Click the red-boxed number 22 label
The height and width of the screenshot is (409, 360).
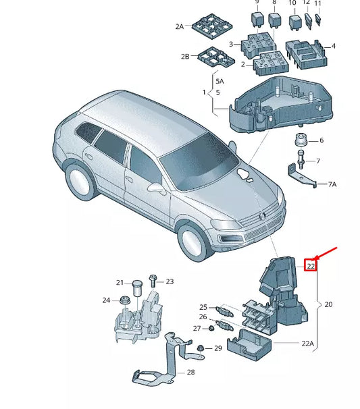pos(311,265)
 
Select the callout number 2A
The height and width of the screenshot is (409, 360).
pos(180,26)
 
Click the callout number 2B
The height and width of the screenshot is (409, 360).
pos(184,56)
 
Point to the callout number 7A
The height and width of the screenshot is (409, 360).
pos(332,184)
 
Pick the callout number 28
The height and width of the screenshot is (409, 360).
pos(190,372)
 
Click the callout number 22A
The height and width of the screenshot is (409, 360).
pos(307,344)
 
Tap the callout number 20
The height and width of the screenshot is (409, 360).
pos(328,304)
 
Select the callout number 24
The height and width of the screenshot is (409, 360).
pos(106,300)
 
